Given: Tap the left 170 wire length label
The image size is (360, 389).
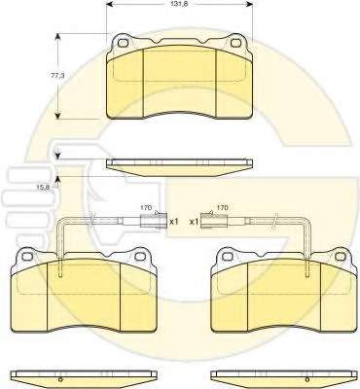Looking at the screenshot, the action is click(146, 208).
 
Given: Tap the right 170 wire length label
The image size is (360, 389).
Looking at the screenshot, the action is click(222, 207).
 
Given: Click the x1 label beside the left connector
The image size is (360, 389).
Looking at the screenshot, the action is click(174, 222).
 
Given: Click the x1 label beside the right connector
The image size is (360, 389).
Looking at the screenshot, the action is click(194, 222).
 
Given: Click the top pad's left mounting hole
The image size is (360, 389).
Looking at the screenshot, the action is click(123, 43).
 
